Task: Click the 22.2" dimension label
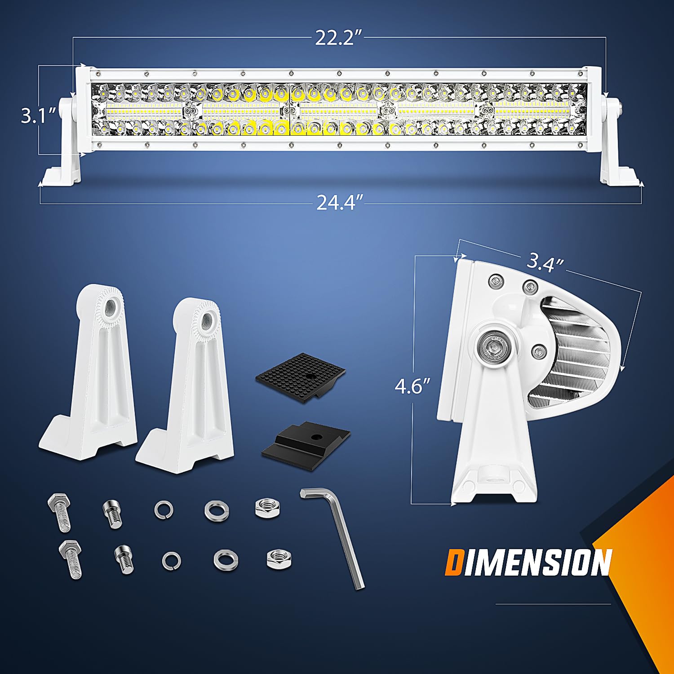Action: (338, 38)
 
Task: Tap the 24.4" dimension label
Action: (339, 203)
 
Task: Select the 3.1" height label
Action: (39, 116)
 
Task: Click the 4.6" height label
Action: (412, 386)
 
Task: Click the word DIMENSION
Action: (528, 563)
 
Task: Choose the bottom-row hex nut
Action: (279, 559)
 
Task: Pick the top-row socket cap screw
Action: (112, 513)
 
